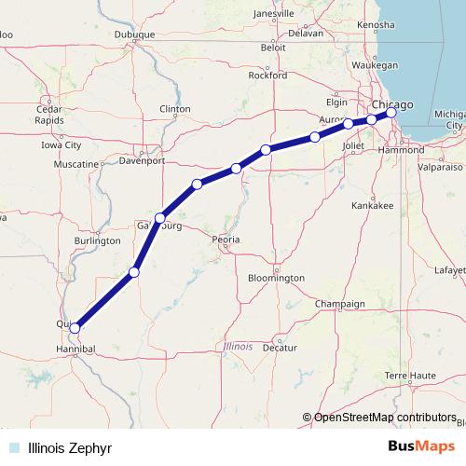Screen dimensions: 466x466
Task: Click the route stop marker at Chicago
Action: (x=392, y=113)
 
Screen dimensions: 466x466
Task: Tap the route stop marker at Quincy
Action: (x=75, y=328)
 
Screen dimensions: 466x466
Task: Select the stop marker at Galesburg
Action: (x=160, y=217)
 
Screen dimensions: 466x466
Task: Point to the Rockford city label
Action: (x=267, y=76)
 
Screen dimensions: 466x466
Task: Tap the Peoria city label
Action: (x=226, y=240)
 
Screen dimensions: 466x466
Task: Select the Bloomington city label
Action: (x=277, y=278)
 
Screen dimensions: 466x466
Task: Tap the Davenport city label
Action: (x=142, y=160)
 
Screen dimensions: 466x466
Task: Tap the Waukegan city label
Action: (x=377, y=65)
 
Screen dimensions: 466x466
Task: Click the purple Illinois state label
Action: (x=239, y=346)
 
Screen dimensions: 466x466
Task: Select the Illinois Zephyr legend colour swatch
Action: (x=13, y=447)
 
